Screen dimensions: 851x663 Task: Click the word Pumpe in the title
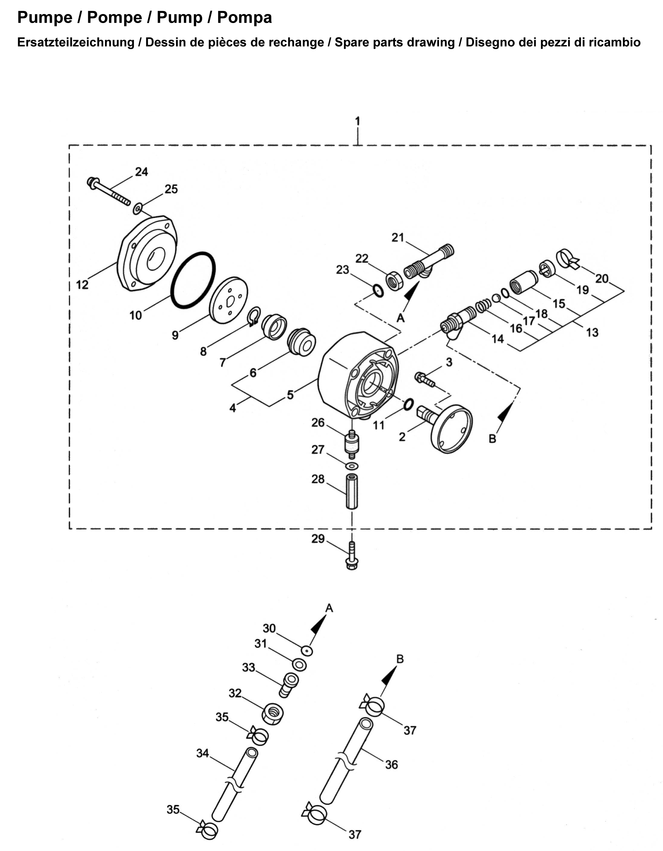click(x=45, y=18)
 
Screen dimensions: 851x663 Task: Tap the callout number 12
click(x=82, y=285)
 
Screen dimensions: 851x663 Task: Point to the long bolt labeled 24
click(x=110, y=191)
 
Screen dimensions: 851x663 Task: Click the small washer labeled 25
click(x=137, y=208)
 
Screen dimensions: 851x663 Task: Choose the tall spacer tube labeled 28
click(x=352, y=491)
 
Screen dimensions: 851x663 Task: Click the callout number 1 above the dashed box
click(x=358, y=122)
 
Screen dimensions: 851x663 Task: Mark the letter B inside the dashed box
click(x=493, y=439)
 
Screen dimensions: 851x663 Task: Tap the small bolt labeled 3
click(x=425, y=379)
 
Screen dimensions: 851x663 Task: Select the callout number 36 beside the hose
click(x=392, y=765)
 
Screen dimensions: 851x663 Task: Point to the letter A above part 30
click(x=329, y=608)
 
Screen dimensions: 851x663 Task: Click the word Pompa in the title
click(x=245, y=18)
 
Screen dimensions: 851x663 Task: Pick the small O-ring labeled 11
click(x=408, y=404)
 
